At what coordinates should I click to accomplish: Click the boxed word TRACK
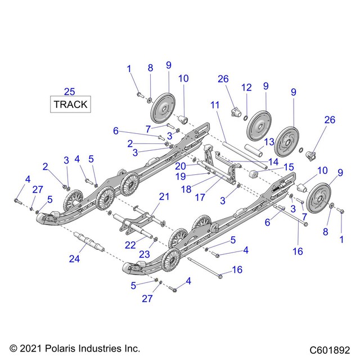tap(70, 104)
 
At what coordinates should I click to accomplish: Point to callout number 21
tap(164, 196)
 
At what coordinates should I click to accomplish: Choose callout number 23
tap(145, 254)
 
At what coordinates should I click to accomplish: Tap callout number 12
tap(246, 87)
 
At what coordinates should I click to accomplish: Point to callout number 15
tap(288, 167)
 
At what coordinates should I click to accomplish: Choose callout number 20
tap(181, 165)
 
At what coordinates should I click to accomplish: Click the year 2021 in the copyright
tap(29, 348)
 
